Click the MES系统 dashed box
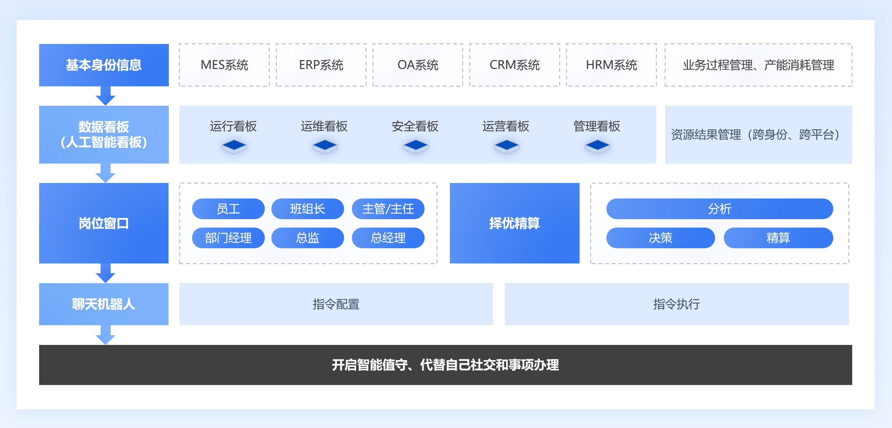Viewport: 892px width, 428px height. pyautogui.click(x=224, y=65)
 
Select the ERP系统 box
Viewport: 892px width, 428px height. pyautogui.click(x=321, y=65)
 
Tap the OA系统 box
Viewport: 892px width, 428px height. pyautogui.click(x=418, y=65)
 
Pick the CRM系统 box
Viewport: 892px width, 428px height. pyautogui.click(x=515, y=65)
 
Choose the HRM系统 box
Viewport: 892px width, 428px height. pyautogui.click(x=611, y=65)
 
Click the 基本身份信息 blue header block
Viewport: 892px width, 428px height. pyautogui.click(x=104, y=65)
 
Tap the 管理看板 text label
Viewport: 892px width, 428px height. pyautogui.click(x=597, y=126)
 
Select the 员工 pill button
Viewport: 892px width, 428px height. pyautogui.click(x=228, y=209)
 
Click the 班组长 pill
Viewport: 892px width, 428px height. pyautogui.click(x=308, y=209)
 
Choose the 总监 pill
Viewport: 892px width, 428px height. pyautogui.click(x=308, y=238)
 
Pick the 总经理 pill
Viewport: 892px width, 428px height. pyautogui.click(x=388, y=238)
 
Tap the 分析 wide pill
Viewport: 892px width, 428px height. pyautogui.click(x=719, y=209)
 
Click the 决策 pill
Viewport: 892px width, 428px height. pyautogui.click(x=660, y=238)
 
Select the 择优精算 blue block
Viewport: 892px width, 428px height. pyautogui.click(x=514, y=223)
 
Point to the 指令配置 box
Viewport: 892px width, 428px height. pyautogui.click(x=336, y=304)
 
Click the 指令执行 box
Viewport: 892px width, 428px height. pyautogui.click(x=677, y=304)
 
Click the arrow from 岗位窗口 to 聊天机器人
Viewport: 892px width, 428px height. pyautogui.click(x=105, y=273)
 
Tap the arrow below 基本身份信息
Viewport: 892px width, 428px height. pyautogui.click(x=105, y=96)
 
